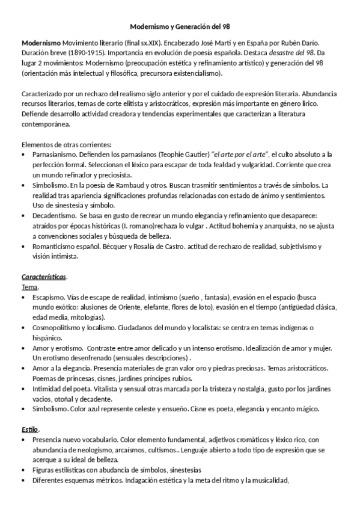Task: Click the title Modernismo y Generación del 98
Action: tap(180, 27)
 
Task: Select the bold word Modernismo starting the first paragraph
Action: tap(41, 44)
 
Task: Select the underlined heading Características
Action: tap(44, 277)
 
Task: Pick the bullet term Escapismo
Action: tap(49, 296)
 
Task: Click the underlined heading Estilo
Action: tap(30, 429)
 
